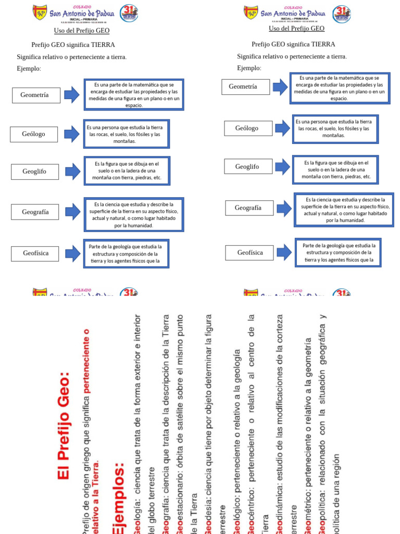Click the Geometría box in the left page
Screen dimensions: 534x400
click(36, 95)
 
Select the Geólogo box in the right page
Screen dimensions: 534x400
click(248, 128)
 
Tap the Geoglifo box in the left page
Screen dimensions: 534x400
click(35, 172)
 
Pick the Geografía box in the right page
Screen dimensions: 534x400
click(249, 208)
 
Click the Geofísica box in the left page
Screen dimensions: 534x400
click(35, 253)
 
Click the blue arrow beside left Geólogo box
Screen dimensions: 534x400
click(72, 134)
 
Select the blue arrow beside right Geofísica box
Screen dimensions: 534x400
click(284, 252)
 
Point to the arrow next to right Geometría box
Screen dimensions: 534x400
click(280, 87)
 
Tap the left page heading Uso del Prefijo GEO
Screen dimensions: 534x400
click(82, 31)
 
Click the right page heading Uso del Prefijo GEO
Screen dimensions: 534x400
click(296, 29)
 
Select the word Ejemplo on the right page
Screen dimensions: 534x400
click(248, 68)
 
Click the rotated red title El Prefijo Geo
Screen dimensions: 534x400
click(64, 425)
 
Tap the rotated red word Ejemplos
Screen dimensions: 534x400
click(119, 498)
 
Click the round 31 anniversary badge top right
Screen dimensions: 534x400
click(342, 14)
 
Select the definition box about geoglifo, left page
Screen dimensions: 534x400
click(126, 171)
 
